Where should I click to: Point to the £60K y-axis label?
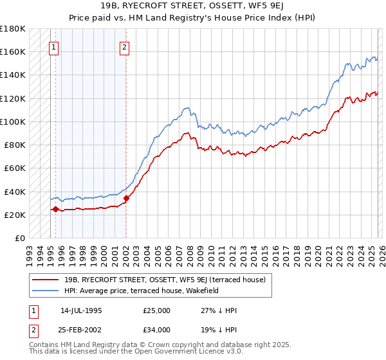15,168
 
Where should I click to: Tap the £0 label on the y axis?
19,238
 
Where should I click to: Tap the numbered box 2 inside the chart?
124,46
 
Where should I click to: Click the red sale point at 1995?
56,209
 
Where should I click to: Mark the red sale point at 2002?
126,198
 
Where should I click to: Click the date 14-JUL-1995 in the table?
81,310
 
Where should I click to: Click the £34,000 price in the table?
157,330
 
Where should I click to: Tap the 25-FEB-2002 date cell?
81,330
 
